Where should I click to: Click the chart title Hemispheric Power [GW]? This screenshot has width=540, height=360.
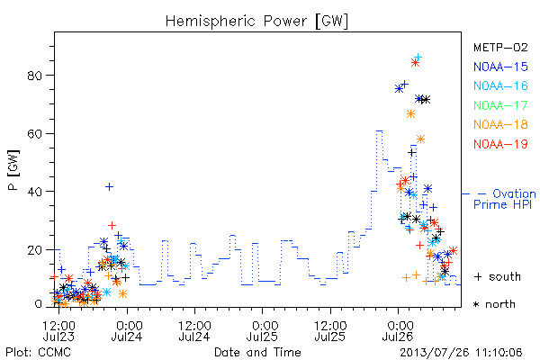coord(256,22)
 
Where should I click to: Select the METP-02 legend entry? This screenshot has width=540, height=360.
coord(500,47)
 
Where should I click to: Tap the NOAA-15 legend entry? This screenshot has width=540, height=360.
coord(500,67)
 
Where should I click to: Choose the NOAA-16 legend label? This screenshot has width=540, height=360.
coord(500,85)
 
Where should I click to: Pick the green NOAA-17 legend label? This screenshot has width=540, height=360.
coord(500,105)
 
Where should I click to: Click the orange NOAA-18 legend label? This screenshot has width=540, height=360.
coord(500,124)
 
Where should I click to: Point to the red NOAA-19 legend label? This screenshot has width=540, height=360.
coord(500,144)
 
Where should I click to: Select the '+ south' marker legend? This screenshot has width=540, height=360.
coord(498,276)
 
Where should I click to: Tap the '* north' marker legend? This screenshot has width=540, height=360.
coord(494,304)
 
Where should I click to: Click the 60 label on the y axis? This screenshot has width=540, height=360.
coord(34,134)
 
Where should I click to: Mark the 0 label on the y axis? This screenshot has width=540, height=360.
coord(38,304)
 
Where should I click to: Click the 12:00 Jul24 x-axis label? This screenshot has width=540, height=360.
coord(194,331)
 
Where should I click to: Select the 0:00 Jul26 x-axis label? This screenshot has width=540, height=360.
coord(399,331)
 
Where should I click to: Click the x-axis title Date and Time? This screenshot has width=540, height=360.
coord(257,353)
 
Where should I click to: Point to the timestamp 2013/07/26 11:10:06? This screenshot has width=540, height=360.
coord(461,353)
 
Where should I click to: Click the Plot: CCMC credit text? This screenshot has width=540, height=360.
coord(38,353)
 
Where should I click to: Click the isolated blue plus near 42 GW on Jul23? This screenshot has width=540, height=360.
coord(109,186)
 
